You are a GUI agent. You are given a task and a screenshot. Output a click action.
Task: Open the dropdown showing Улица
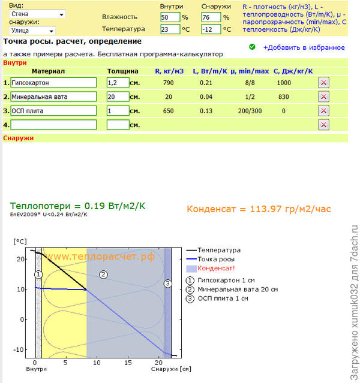[x=33, y=31]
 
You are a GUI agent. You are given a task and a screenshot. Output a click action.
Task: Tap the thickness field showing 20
[x=118, y=96]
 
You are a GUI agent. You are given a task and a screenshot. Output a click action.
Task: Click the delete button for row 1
[x=323, y=83]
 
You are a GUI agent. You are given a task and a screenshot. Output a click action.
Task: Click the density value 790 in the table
[x=169, y=83]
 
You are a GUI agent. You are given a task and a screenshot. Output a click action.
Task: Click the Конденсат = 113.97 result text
[x=259, y=209]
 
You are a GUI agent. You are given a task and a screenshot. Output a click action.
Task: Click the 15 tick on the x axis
[x=127, y=363]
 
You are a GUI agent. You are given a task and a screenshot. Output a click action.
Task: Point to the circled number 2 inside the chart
[x=103, y=275]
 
